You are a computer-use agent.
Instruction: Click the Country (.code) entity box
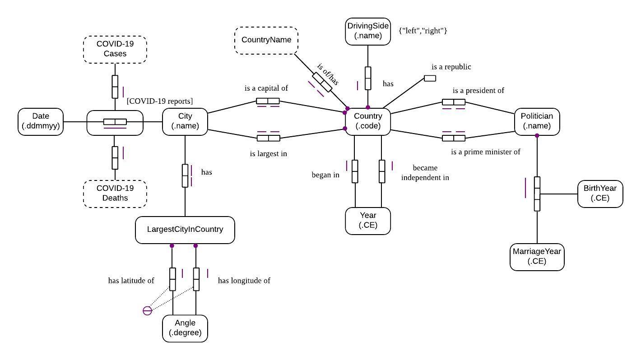(x=367, y=121)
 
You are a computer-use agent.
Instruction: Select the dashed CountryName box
(x=266, y=41)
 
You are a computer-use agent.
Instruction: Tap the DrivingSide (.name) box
(x=367, y=31)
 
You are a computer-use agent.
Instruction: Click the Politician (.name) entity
(x=537, y=121)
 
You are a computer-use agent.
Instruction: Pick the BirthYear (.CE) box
(x=600, y=194)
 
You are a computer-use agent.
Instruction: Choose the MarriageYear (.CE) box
(x=537, y=257)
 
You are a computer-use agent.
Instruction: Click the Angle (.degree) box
(x=185, y=328)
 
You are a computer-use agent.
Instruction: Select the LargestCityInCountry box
(x=185, y=230)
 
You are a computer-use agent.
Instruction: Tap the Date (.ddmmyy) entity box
(x=41, y=121)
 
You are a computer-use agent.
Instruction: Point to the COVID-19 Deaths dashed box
(x=115, y=194)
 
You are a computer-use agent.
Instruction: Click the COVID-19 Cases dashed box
(x=115, y=49)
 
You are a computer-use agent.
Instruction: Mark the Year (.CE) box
(x=367, y=221)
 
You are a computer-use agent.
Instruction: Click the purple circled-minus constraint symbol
(x=147, y=310)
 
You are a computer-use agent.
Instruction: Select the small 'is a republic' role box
(x=430, y=78)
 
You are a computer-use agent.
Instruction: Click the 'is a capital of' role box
(x=268, y=101)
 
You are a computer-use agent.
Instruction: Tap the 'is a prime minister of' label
(x=486, y=152)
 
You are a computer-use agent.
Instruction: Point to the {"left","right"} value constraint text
(x=423, y=31)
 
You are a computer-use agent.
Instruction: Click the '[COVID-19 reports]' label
(x=160, y=101)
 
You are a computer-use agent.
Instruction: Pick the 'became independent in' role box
(x=382, y=171)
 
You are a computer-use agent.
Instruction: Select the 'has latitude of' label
(x=131, y=281)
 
